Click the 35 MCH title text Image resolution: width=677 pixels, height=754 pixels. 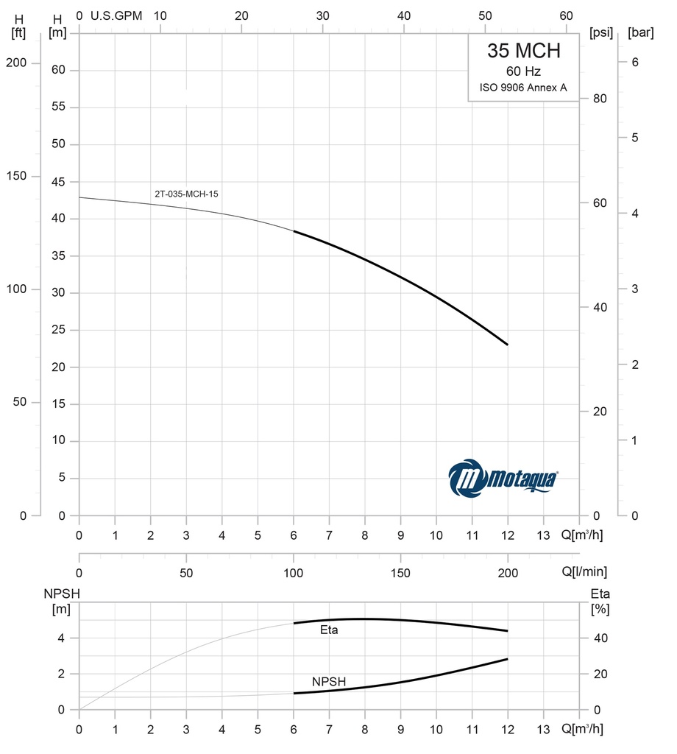click(x=523, y=51)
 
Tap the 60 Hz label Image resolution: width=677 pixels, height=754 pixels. click(x=523, y=72)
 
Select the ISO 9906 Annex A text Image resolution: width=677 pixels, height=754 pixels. click(x=523, y=88)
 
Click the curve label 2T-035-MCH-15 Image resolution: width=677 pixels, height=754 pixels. click(x=187, y=194)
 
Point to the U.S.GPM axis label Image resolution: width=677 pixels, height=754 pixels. click(x=116, y=15)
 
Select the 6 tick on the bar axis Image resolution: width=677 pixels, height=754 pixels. click(x=634, y=63)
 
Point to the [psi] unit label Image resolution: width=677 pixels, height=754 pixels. click(x=600, y=32)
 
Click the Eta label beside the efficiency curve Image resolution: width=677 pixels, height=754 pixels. click(x=329, y=630)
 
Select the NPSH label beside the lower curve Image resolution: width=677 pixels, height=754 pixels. click(x=328, y=681)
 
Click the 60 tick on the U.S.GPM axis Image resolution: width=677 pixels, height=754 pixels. click(x=566, y=15)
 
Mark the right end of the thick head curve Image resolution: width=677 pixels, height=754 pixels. click(x=507, y=345)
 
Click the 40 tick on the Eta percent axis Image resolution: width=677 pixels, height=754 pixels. click(x=600, y=638)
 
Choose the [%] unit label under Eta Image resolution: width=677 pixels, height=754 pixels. click(x=600, y=610)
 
